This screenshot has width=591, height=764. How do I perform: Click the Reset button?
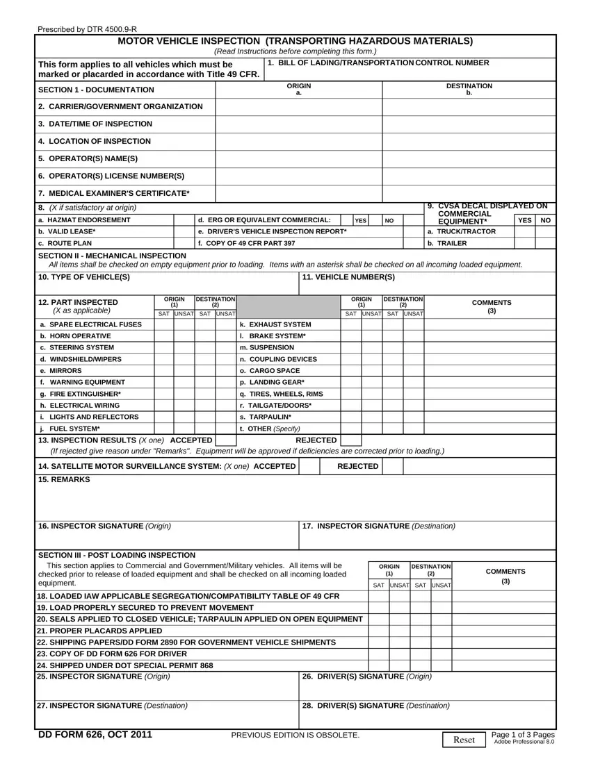tap(464, 740)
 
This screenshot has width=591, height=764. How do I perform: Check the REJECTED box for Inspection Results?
tap(351, 440)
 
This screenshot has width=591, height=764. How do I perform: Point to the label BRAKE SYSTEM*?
tap(272, 335)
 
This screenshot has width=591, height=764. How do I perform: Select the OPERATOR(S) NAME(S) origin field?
tap(299, 158)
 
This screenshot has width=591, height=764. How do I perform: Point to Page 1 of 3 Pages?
tap(522, 736)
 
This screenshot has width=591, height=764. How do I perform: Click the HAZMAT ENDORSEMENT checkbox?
tap(184, 220)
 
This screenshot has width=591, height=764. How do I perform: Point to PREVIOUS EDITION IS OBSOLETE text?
tap(295, 735)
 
